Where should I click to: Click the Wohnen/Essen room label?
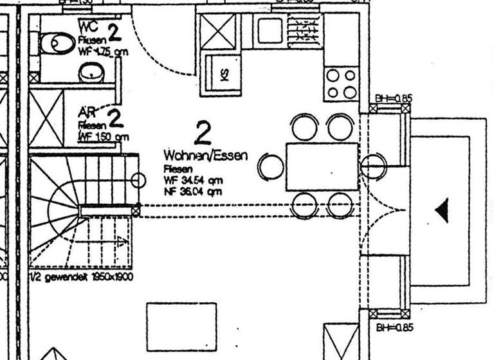[205, 156]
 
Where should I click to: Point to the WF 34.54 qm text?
[193, 180]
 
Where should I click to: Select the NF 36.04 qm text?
[193, 191]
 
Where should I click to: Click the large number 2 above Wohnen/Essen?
[203, 133]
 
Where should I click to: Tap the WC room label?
[89, 27]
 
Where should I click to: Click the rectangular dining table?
[322, 166]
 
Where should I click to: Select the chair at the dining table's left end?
[271, 166]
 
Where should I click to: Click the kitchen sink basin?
[270, 28]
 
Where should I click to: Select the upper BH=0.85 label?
[393, 99]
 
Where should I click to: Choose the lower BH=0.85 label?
[393, 327]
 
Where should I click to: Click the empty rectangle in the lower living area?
[177, 326]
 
